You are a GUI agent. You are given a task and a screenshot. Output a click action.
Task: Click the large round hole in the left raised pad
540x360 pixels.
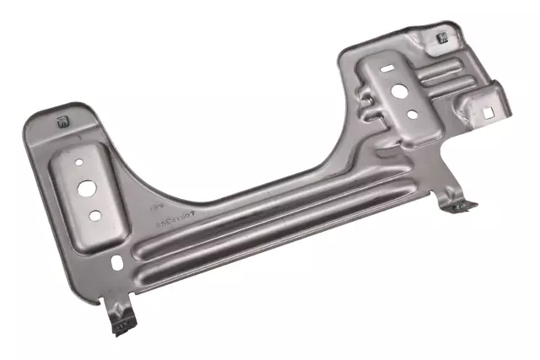pyautogui.click(x=88, y=188)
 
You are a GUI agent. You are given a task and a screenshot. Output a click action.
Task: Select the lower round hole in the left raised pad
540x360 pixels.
pyautogui.click(x=95, y=215)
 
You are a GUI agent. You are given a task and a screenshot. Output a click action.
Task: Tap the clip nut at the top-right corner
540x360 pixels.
pyautogui.click(x=440, y=39)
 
